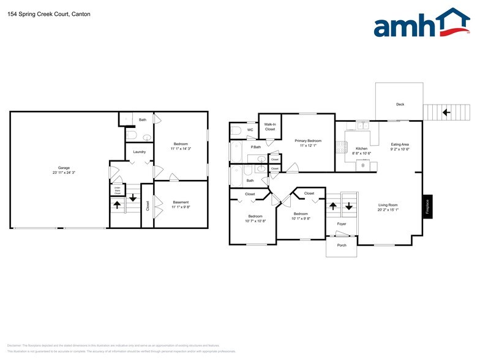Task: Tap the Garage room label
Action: (64, 167)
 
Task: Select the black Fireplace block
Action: (427, 205)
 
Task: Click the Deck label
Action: (400, 105)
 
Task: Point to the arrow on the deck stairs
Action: (446, 112)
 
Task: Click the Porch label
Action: (342, 246)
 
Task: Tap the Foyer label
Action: (342, 224)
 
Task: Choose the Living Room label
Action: (388, 205)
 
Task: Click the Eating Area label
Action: (400, 144)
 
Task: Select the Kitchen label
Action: (362, 148)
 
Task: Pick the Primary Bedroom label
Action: (308, 140)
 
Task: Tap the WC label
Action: (250, 130)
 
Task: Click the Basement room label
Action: (181, 202)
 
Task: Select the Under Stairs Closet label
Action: (116, 190)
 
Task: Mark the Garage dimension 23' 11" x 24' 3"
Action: (64, 172)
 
